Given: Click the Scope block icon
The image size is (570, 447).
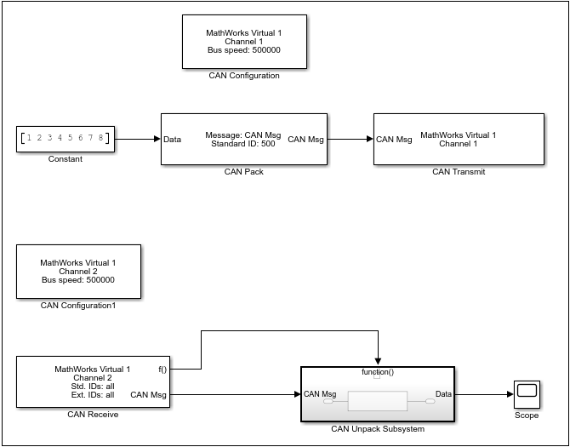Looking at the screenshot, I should click(527, 394).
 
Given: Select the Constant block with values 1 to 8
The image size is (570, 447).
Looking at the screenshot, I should click(66, 138).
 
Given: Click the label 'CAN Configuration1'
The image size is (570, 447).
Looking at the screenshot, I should click(78, 305).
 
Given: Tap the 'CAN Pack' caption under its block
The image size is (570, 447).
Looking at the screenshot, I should click(243, 171).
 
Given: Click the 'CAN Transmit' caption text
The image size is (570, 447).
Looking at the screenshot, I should click(458, 171).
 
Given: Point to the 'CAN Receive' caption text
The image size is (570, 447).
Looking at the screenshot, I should click(93, 415).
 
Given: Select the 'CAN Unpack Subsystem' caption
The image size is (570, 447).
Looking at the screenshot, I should click(377, 429).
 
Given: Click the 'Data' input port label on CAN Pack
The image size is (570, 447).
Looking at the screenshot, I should click(172, 139).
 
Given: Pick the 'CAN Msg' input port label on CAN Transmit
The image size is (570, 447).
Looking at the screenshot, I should click(394, 139).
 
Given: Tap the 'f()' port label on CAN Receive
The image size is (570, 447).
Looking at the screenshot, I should click(162, 370).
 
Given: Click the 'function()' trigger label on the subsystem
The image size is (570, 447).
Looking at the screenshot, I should click(377, 372).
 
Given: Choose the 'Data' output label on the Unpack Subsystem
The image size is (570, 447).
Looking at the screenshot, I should click(443, 394).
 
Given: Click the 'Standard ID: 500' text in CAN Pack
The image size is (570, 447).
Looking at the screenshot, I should click(243, 143).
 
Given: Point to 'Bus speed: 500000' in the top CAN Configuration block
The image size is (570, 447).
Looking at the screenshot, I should click(243, 49).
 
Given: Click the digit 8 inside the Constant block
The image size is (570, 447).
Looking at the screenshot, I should click(100, 138).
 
